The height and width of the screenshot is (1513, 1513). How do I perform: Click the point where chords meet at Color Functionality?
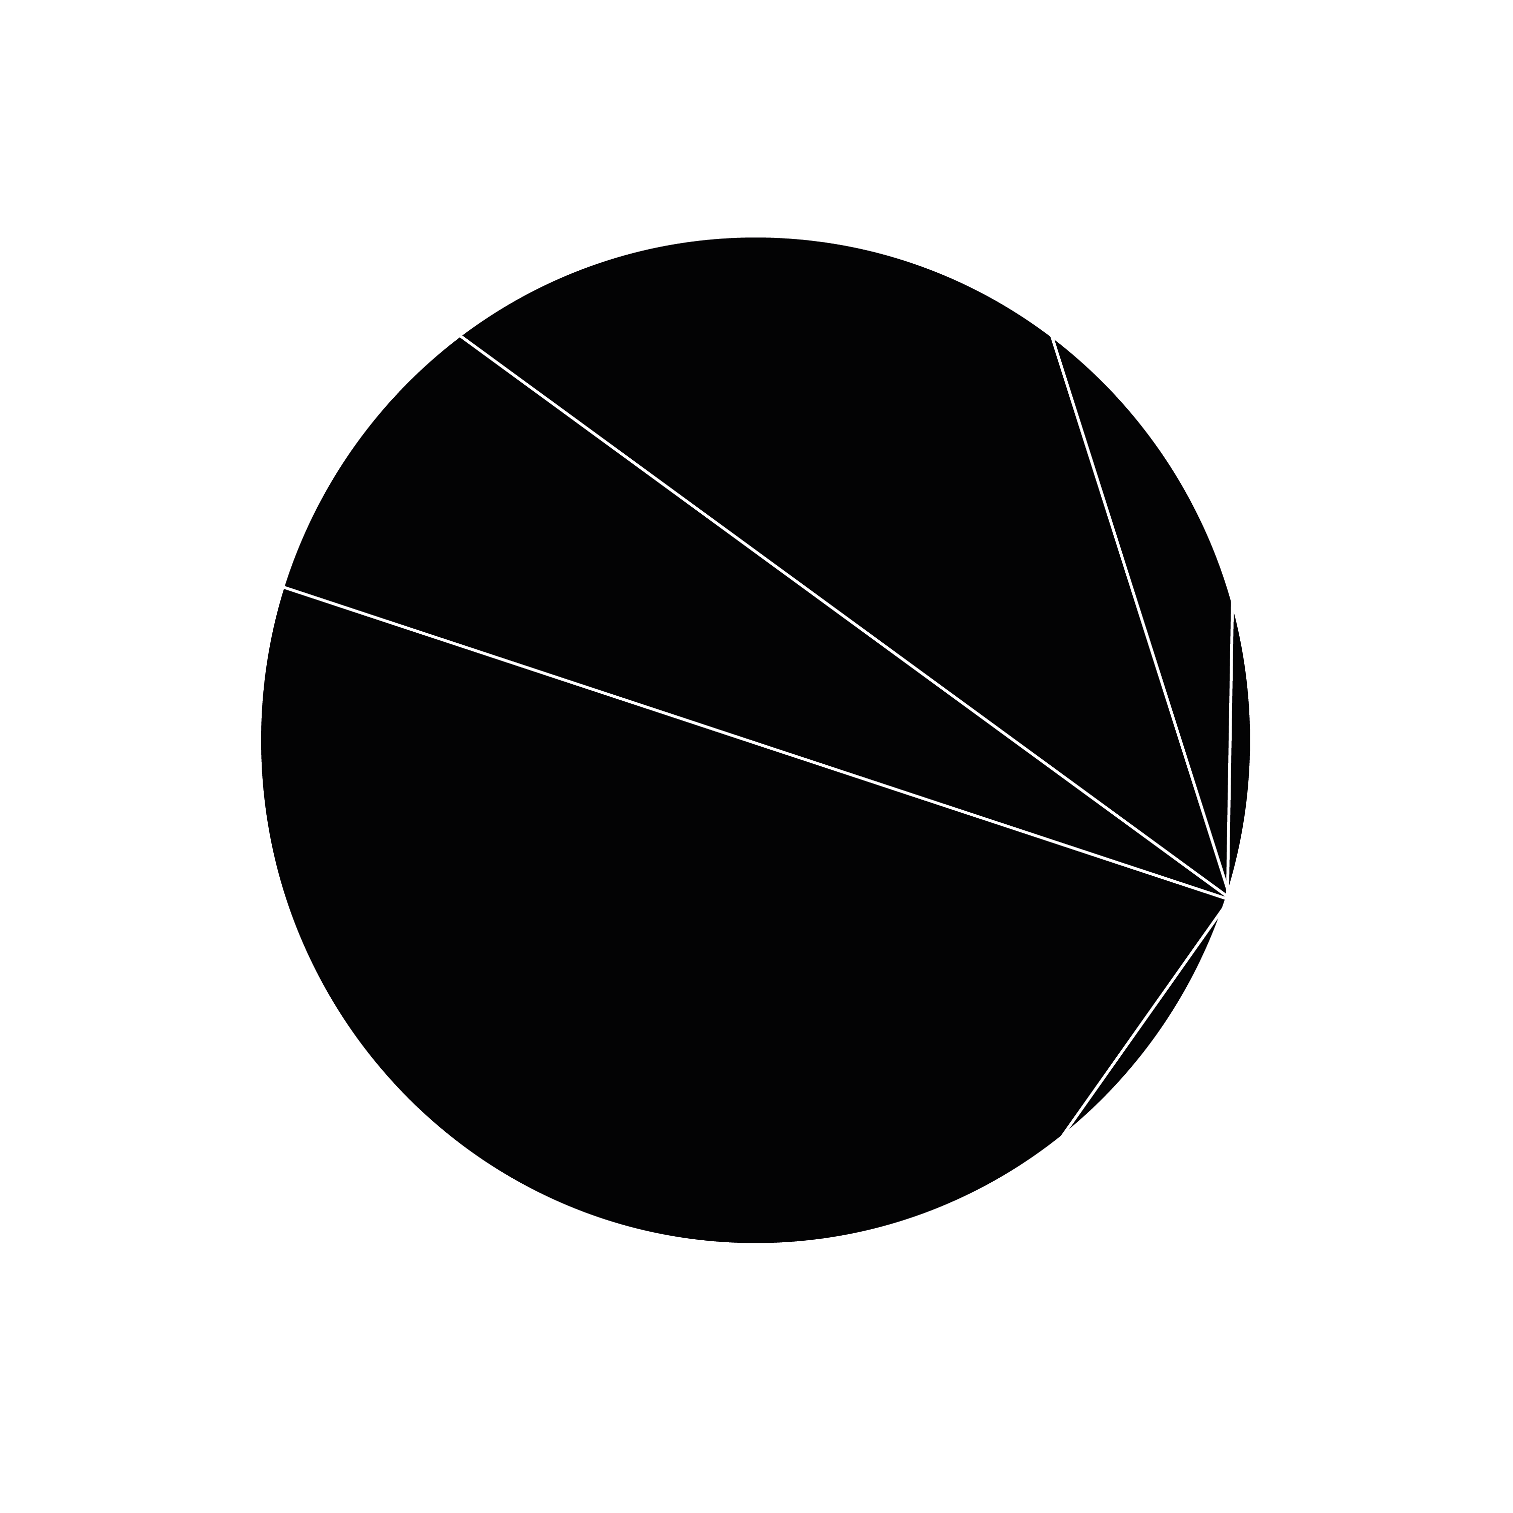1227,897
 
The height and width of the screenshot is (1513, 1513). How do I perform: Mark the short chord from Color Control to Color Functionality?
1230,744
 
